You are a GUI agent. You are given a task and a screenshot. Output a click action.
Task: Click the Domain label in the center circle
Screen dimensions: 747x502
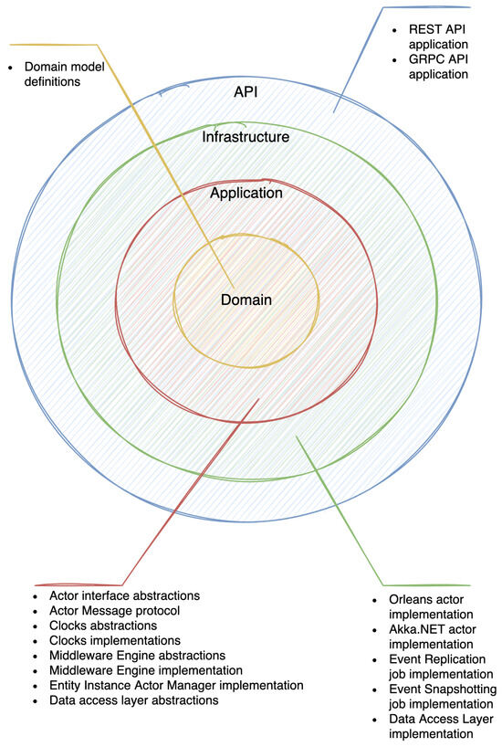(246, 300)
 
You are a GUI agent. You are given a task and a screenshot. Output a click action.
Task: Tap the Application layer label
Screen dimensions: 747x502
(246, 194)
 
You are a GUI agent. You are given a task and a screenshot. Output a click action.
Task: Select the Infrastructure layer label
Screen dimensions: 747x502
(246, 137)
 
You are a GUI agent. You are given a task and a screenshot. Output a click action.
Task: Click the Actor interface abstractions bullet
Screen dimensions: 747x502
(125, 595)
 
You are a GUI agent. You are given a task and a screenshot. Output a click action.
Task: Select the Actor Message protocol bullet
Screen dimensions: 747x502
(114, 611)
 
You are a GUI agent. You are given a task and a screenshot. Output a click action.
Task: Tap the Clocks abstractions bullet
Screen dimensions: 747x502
(103, 626)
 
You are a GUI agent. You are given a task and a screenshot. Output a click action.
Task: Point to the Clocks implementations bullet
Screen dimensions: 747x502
(115, 640)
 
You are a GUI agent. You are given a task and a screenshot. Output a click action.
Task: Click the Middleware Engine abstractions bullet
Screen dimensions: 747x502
(137, 656)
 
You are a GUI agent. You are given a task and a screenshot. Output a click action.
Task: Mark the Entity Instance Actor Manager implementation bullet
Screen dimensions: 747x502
(176, 685)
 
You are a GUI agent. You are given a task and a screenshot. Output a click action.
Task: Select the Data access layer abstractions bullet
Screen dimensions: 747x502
(134, 700)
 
